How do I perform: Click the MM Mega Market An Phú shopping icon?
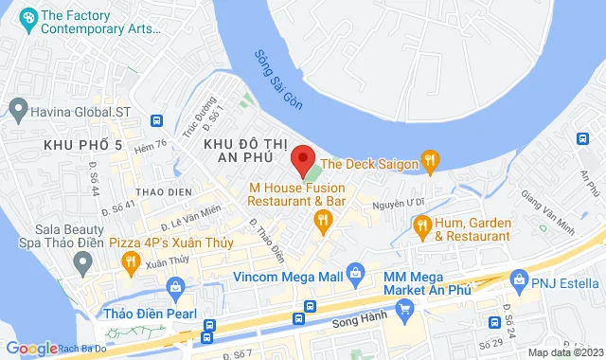point(404,307)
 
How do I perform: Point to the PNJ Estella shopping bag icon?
point(518,279)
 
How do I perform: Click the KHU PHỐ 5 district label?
point(82,145)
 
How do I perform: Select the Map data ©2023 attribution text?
point(563,352)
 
